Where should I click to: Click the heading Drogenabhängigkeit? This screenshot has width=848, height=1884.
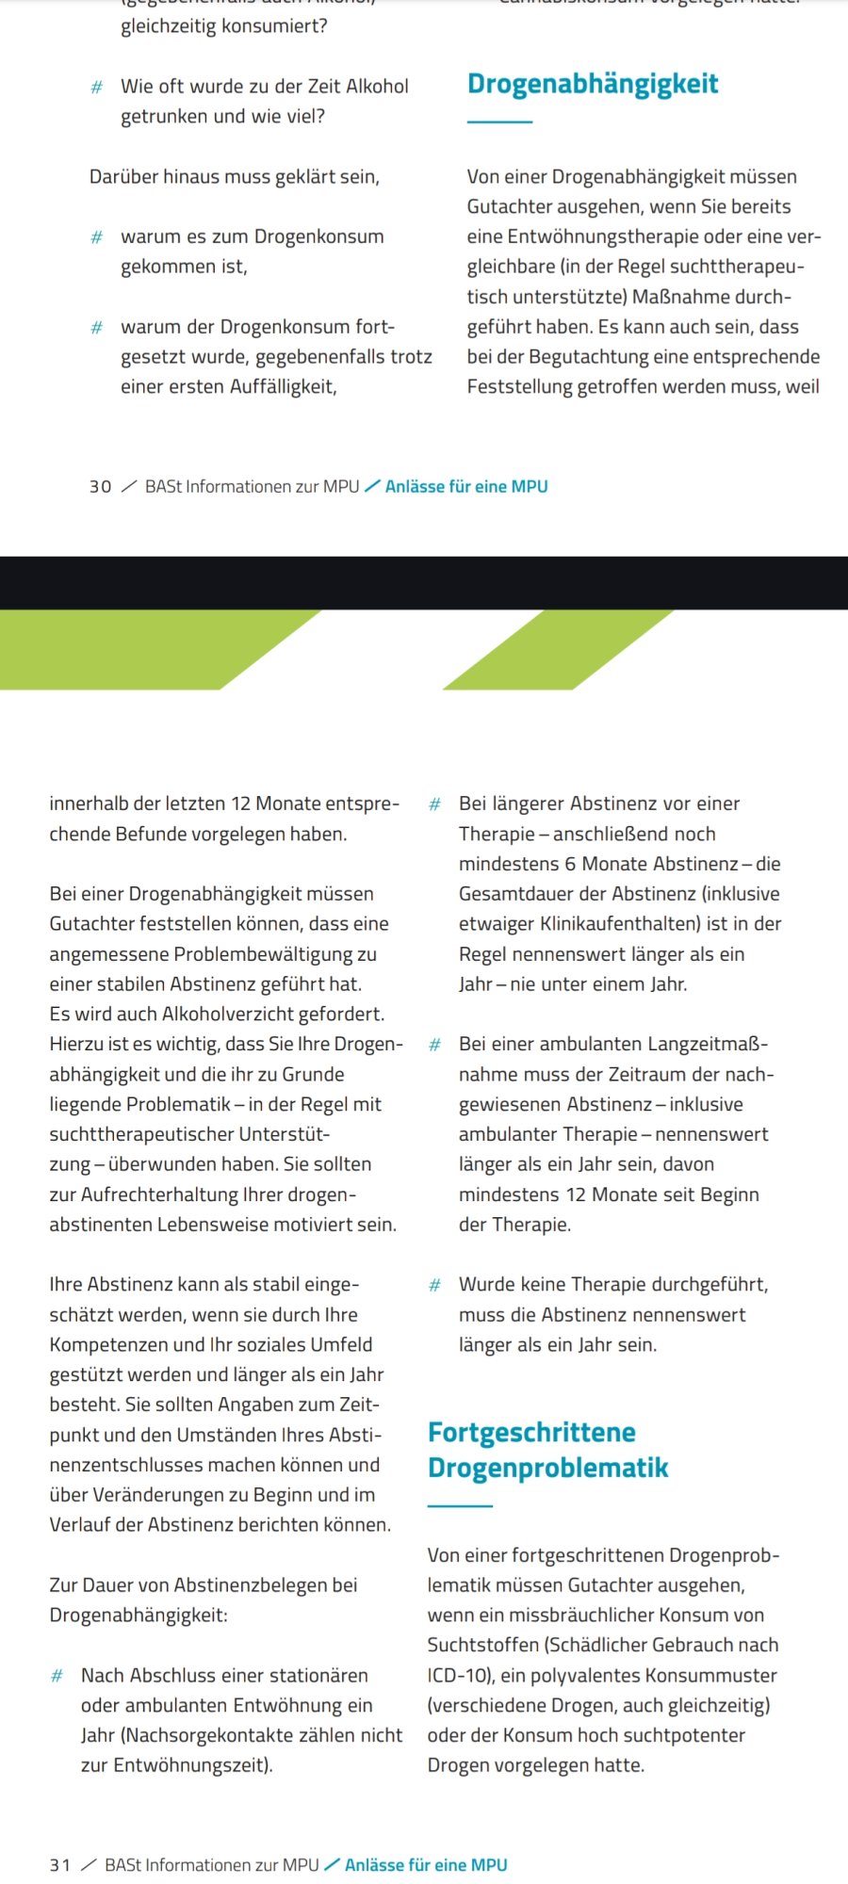click(593, 84)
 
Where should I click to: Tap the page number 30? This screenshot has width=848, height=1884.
click(100, 487)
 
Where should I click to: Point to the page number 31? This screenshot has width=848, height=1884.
click(59, 1865)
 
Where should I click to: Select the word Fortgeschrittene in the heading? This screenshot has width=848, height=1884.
click(531, 1433)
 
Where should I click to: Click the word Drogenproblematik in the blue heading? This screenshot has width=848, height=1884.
click(547, 1468)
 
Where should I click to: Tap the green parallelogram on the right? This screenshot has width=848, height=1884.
click(559, 650)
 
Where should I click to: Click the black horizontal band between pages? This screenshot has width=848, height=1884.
click(424, 582)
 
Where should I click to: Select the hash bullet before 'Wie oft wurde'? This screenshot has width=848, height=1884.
click(96, 88)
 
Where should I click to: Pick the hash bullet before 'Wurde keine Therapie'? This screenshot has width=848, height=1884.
click(434, 1285)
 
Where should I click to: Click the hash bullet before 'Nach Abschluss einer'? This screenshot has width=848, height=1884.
click(57, 1676)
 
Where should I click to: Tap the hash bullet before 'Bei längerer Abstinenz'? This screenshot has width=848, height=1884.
click(434, 804)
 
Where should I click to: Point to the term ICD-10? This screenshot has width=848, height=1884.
click(458, 1675)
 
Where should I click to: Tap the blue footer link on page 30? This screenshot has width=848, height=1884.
click(466, 487)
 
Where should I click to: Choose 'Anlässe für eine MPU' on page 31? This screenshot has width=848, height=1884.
click(426, 1865)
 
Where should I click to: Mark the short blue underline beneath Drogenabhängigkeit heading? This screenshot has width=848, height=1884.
click(499, 122)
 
